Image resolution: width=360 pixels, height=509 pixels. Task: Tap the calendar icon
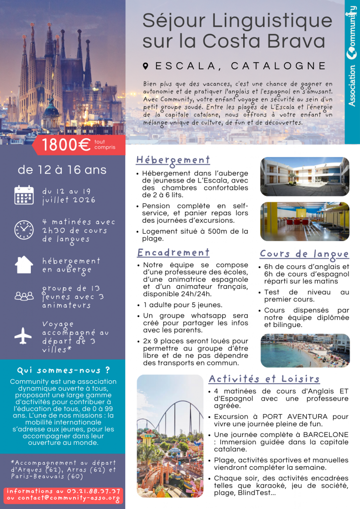(x=23, y=195)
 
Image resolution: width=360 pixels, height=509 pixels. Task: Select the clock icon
(x=23, y=229)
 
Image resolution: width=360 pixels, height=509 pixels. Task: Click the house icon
(x=23, y=264)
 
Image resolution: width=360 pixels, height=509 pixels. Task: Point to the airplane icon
(x=23, y=336)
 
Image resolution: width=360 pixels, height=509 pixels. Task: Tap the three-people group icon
(x=23, y=296)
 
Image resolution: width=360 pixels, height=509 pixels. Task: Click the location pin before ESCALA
(x=146, y=66)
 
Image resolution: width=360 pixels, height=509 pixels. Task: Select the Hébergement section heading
(x=173, y=160)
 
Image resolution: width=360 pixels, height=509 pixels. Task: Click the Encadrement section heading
(x=173, y=252)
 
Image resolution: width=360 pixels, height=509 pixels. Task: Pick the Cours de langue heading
(x=304, y=254)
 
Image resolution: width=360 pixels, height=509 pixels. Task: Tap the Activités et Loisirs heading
(x=264, y=379)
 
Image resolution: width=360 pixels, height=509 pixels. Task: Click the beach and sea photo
(x=305, y=350)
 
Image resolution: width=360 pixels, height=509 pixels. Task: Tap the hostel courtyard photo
(x=304, y=176)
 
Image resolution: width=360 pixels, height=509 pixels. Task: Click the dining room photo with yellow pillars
(x=304, y=221)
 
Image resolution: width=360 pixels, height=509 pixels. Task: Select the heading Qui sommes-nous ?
(x=63, y=370)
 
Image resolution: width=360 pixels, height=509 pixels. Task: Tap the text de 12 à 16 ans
(x=62, y=170)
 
